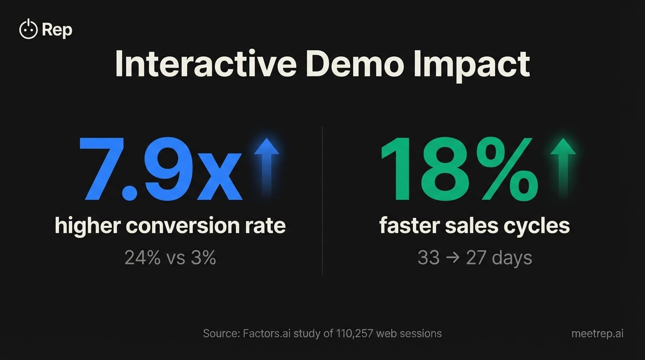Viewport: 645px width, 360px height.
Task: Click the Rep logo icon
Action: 28,30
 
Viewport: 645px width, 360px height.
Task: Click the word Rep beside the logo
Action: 57,30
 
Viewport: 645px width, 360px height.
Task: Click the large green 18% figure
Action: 459,169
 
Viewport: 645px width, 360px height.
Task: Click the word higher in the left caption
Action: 87,226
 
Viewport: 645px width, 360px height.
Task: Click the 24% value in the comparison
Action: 142,258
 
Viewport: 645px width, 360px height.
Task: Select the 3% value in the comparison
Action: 204,258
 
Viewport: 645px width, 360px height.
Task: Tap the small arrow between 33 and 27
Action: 453,258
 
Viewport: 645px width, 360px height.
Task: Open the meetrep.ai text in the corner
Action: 597,334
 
